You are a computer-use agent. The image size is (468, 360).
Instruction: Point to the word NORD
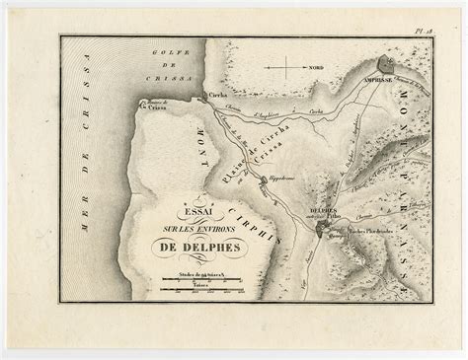click(x=315, y=68)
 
